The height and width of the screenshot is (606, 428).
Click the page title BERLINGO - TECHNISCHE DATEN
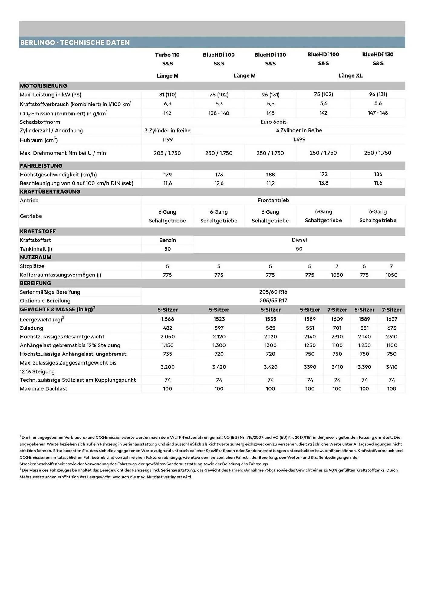[x=75, y=42]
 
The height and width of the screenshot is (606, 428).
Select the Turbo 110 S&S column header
[x=167, y=59]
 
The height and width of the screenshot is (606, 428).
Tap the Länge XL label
[x=350, y=76]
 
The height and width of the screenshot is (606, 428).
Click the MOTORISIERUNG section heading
[x=43, y=86]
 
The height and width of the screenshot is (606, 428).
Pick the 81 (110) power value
[x=167, y=95]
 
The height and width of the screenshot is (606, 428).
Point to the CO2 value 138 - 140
[x=219, y=113]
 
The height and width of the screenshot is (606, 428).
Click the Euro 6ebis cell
[x=273, y=122]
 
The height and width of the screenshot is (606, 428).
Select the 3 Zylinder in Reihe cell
[x=167, y=131]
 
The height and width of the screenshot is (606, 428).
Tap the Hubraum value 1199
[x=167, y=140]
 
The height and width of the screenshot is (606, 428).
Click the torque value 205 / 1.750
[x=167, y=153]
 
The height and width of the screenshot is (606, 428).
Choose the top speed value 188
[x=270, y=175]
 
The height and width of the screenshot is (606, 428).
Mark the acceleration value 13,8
[x=323, y=183]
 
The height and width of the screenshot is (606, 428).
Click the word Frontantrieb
[x=273, y=200]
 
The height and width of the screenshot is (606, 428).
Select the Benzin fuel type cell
[x=167, y=240]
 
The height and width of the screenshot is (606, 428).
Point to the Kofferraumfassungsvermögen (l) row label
[x=61, y=275]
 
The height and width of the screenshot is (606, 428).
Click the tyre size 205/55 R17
[x=273, y=301]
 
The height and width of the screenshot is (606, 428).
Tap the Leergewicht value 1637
[x=391, y=319]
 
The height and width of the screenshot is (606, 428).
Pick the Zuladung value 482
[x=167, y=328]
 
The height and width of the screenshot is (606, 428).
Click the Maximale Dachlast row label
[x=44, y=389]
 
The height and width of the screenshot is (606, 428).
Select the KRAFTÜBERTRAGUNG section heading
[x=50, y=192]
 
